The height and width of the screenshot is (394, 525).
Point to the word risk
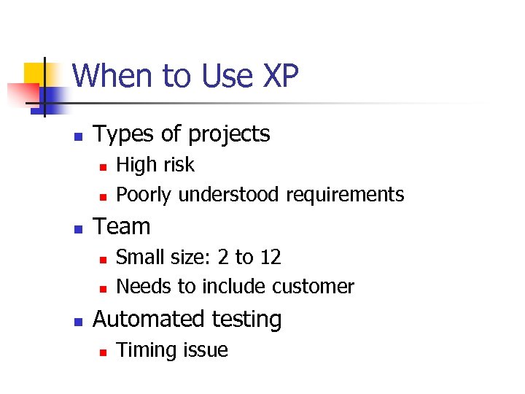(x=178, y=165)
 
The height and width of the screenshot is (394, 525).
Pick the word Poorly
(x=144, y=195)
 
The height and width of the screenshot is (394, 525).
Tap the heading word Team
(x=122, y=226)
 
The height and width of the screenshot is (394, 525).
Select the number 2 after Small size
(x=222, y=257)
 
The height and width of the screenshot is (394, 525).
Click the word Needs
(x=142, y=287)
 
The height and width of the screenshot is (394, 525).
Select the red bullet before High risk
(x=104, y=166)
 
